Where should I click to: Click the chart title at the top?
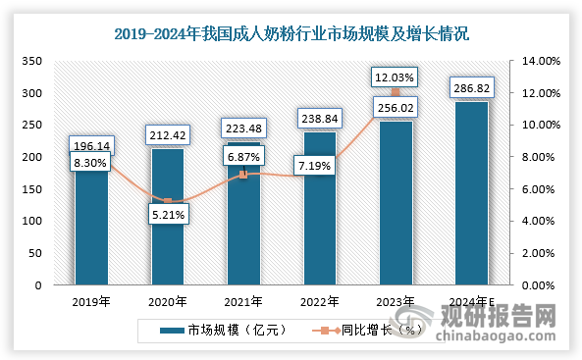(x=291, y=33)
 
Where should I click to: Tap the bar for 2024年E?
(x=472, y=196)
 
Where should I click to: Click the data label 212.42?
(x=168, y=133)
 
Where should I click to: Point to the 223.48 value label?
(x=243, y=128)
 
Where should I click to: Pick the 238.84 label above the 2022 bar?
(x=319, y=118)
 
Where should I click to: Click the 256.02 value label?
(x=396, y=107)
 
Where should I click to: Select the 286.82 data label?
(x=472, y=87)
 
